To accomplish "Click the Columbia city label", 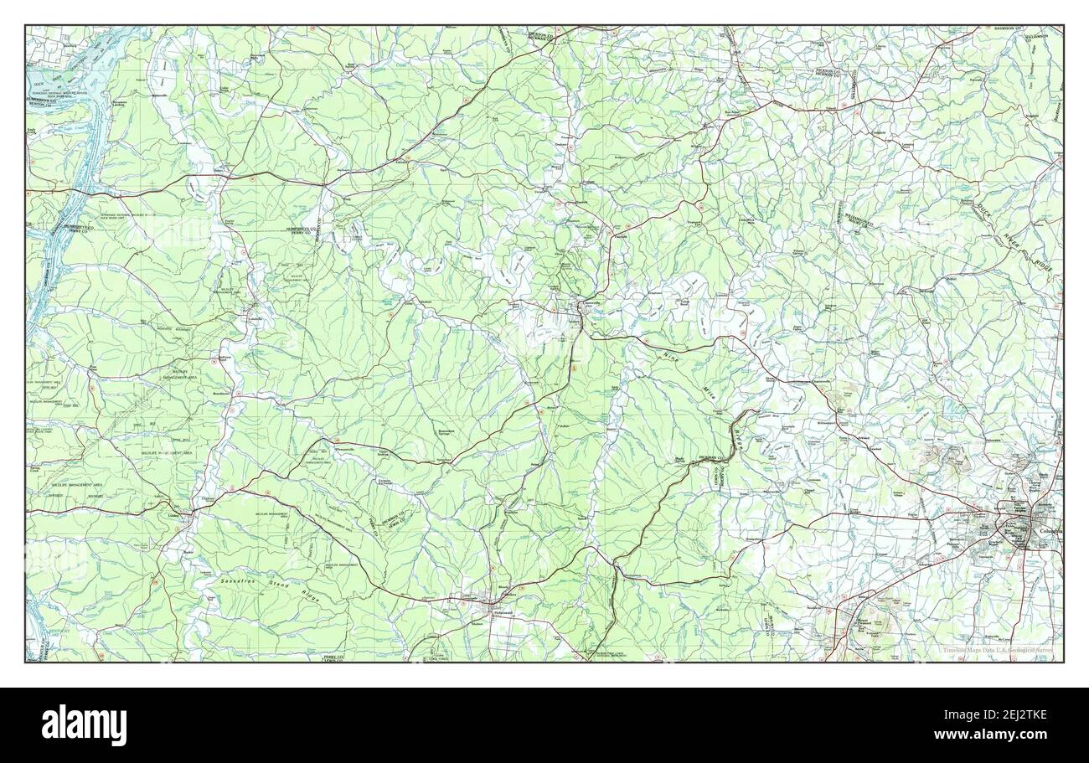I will [x=1048, y=531].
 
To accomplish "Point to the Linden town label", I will [x=175, y=516].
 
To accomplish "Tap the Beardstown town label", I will [x=220, y=392].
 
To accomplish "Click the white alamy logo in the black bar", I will [x=84, y=724].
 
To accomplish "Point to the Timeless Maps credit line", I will [x=997, y=651].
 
